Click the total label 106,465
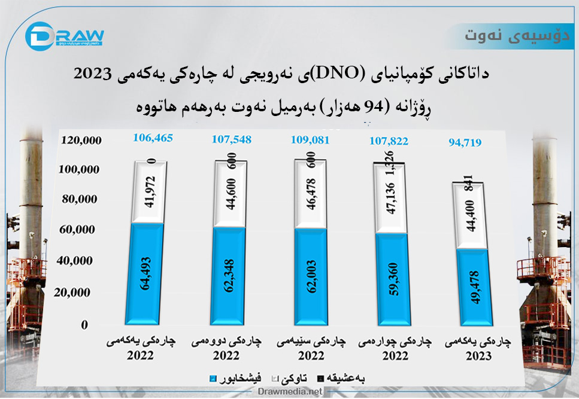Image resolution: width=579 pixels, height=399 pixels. point(152,138)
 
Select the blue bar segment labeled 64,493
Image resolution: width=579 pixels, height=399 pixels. point(145,273)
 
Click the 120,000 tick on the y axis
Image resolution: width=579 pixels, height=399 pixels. point(81,140)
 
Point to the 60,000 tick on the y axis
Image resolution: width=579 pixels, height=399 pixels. point(84,230)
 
